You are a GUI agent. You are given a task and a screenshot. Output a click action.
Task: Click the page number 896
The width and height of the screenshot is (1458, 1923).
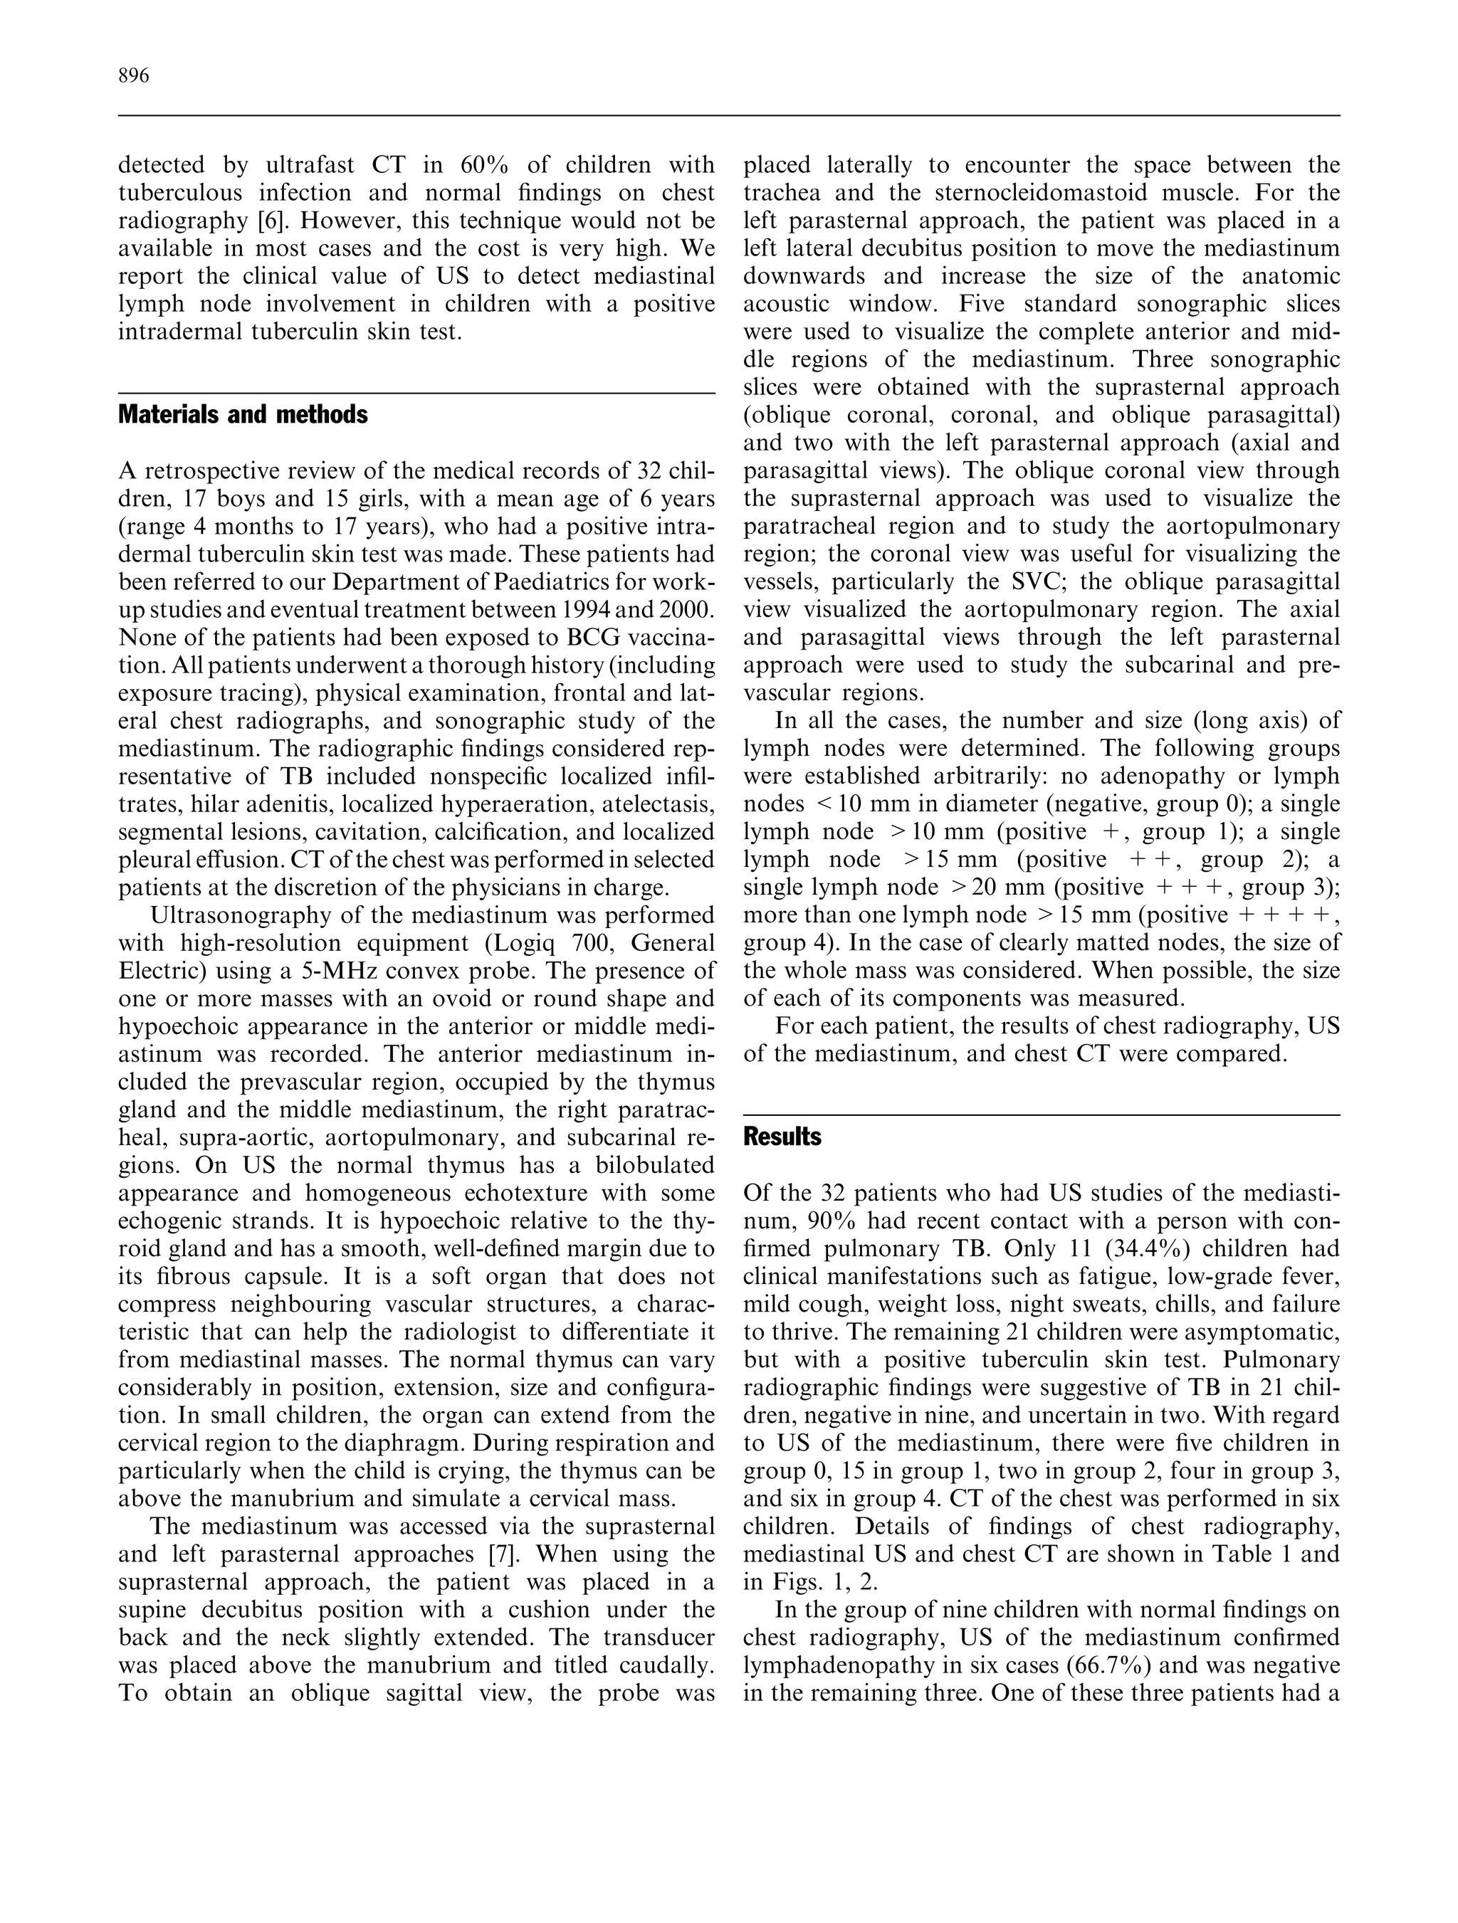click(x=134, y=76)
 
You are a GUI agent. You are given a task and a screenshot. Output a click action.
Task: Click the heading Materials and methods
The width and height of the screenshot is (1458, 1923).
click(x=243, y=415)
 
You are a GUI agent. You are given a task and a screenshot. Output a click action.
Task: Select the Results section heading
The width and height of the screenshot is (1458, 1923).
click(x=782, y=1137)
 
